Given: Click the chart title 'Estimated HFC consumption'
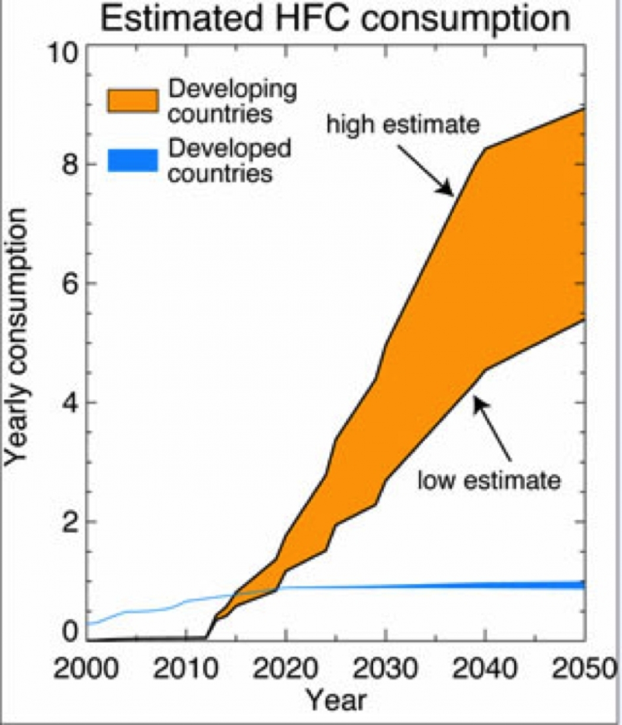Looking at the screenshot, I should (335, 20).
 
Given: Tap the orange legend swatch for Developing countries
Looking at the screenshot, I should (132, 100).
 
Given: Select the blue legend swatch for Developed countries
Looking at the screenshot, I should (132, 160).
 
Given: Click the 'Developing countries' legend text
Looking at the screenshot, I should (232, 101).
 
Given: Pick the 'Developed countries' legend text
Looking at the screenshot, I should (229, 161).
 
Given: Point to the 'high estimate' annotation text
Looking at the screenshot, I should (402, 125).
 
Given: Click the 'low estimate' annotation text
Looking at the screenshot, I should (489, 480).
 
